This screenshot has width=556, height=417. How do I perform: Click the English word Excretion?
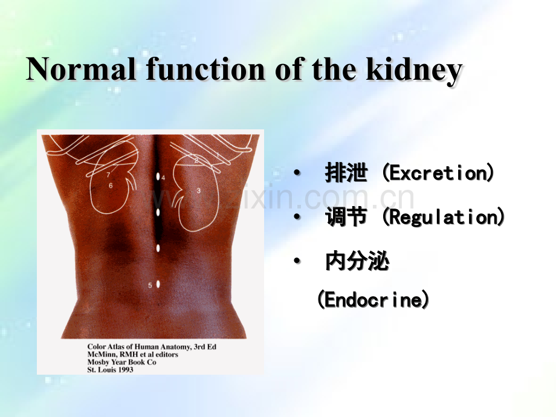coord(438,174)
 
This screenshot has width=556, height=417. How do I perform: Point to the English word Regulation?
coord(444,218)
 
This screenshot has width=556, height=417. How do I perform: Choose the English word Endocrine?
coord(373,300)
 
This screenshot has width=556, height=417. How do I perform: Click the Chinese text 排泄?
coord(346,174)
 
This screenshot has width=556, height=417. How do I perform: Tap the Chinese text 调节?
coord(346,218)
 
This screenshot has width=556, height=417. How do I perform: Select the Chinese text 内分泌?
coord(357,262)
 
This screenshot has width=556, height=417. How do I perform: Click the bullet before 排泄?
coord(296,174)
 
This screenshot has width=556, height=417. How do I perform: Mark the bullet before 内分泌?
coord(296,262)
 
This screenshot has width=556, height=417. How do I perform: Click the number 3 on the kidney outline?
coord(198,190)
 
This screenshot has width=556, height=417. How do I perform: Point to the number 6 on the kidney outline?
coord(111,186)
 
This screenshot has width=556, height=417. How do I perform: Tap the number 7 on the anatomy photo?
coord(108,175)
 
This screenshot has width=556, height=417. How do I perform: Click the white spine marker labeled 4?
coord(158,177)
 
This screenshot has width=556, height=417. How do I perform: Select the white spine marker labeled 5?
coord(158,283)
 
